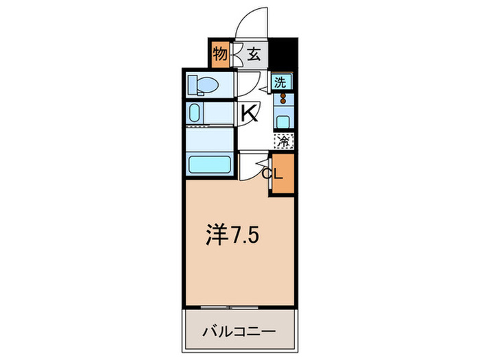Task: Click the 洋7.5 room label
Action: pyautogui.click(x=232, y=236)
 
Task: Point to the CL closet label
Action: pyautogui.click(x=272, y=173)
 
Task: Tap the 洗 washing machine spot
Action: pyautogui.click(x=281, y=82)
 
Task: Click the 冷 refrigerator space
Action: pyautogui.click(x=283, y=141)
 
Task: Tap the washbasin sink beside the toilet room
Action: pyautogui.click(x=195, y=114)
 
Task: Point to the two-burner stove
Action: pyautogui.click(x=283, y=100)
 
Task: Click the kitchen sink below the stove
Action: pyautogui.click(x=283, y=121)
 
